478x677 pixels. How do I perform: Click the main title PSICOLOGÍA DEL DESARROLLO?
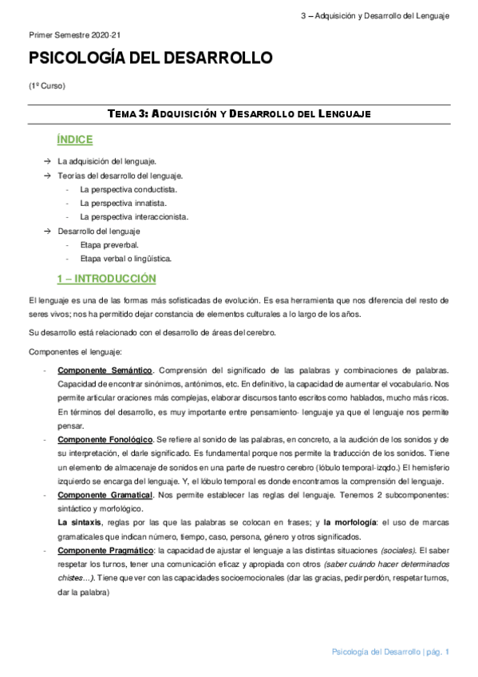[150, 58]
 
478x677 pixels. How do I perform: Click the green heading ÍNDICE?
[75, 140]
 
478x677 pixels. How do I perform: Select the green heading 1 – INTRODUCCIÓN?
[107, 279]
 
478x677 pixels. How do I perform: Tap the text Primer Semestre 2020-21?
[73, 35]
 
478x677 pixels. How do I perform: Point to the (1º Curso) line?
[47, 85]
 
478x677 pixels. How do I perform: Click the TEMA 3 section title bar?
[239, 114]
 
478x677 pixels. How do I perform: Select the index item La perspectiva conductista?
[128, 189]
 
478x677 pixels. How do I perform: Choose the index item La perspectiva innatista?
[123, 203]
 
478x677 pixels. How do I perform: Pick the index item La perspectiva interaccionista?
[134, 216]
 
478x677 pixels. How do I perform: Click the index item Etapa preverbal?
[109, 244]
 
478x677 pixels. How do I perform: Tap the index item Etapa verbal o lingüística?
[125, 258]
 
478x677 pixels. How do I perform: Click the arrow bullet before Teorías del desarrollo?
[47, 175]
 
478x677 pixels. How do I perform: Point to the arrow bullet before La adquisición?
[47, 161]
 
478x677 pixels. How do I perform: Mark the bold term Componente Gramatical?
[105, 495]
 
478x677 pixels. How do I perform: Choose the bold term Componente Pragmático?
[106, 551]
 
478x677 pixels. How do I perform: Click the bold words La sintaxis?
[81, 523]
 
